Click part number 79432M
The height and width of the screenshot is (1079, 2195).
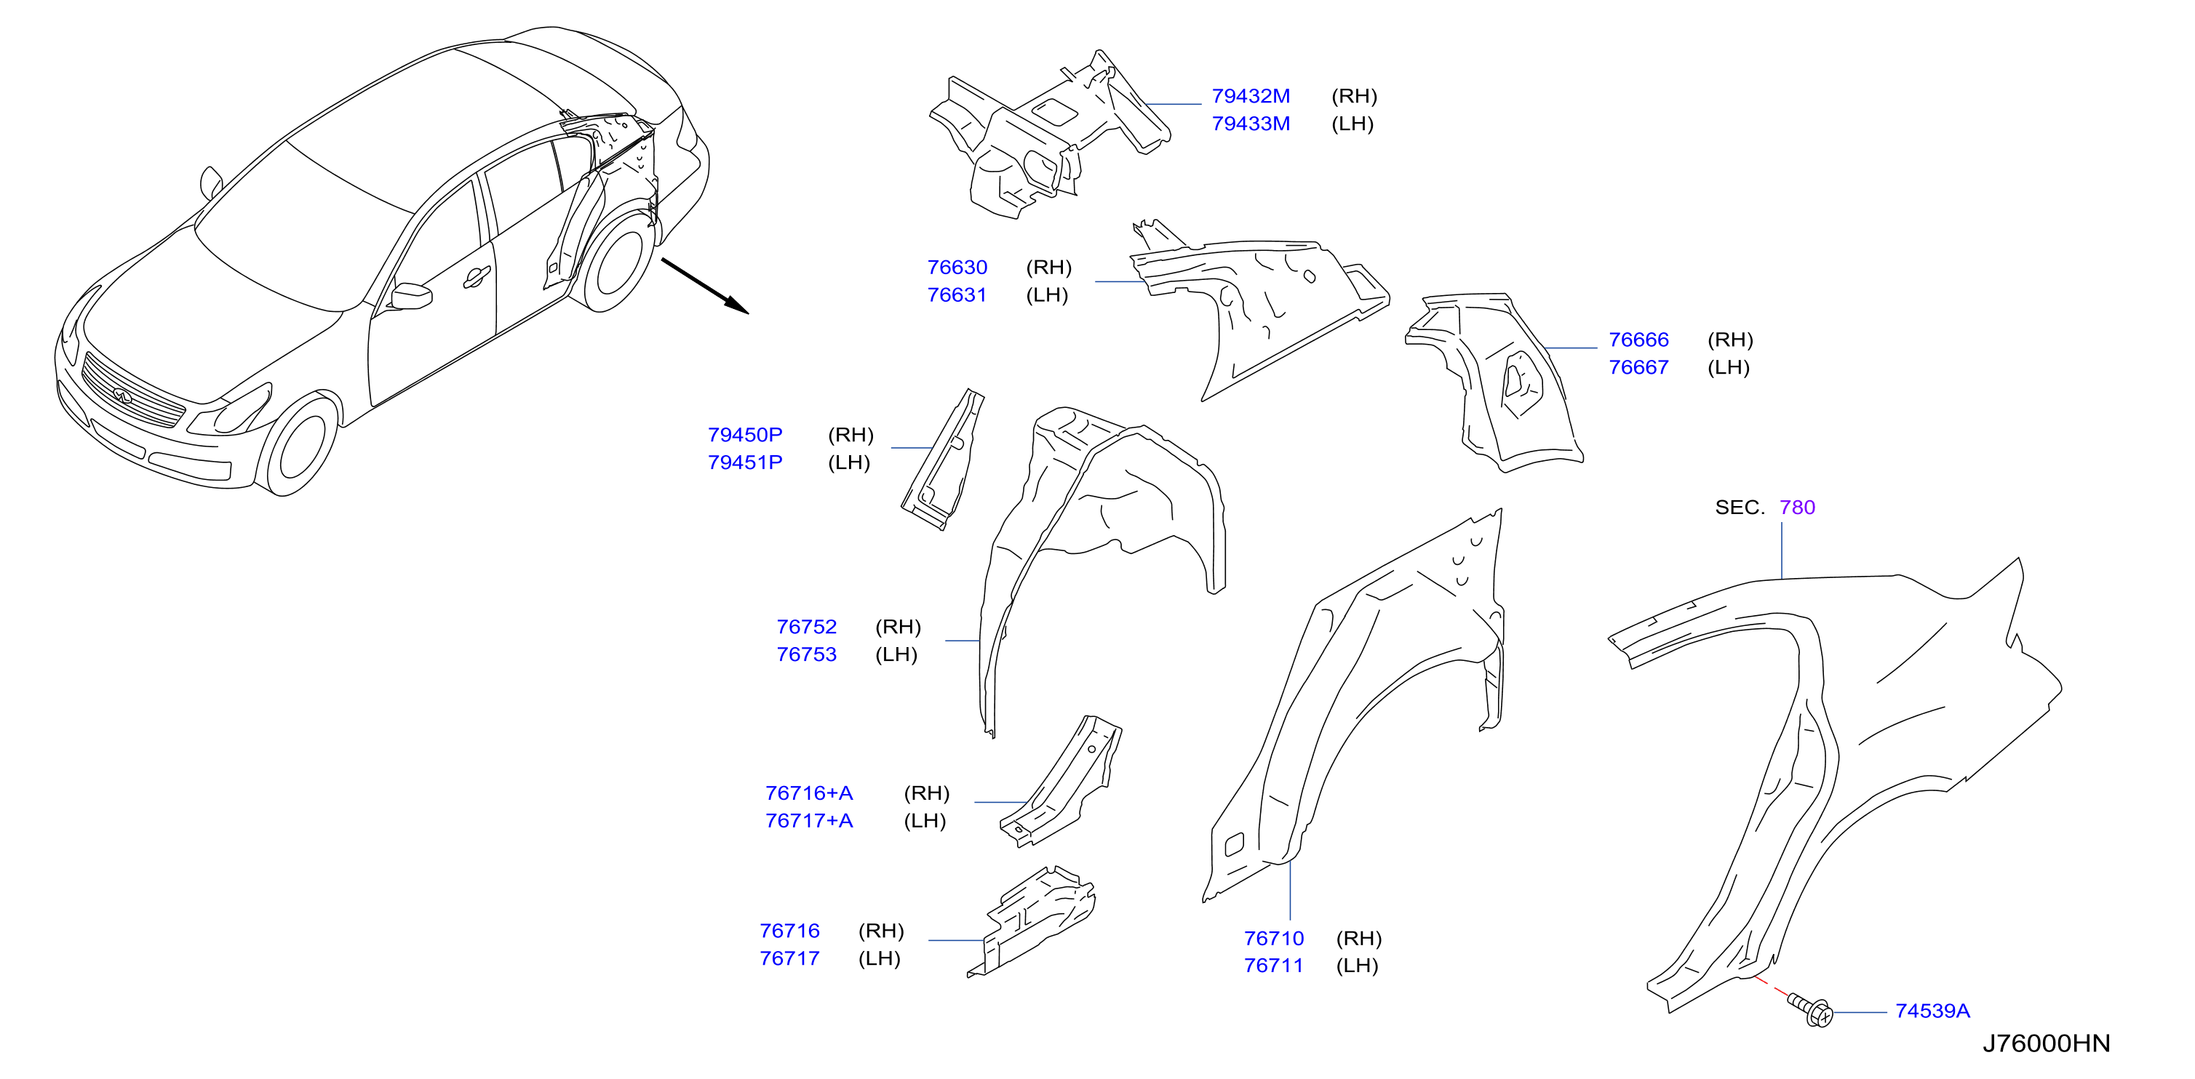[1250, 96]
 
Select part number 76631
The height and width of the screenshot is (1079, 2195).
[956, 294]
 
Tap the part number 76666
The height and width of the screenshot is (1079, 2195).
[1638, 340]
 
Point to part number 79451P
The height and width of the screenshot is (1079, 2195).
[745, 462]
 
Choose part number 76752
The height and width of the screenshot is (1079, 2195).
[806, 627]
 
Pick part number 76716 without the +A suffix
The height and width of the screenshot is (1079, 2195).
[789, 931]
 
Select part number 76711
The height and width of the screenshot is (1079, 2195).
[1273, 966]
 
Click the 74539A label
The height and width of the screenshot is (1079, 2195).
[1932, 1011]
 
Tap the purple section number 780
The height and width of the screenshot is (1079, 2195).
[1797, 508]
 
